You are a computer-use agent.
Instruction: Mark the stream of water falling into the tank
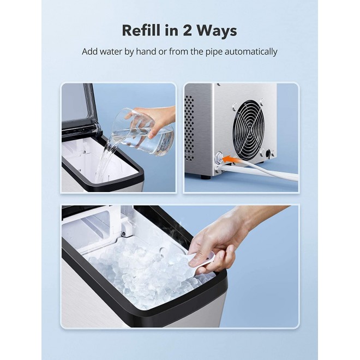click(104, 161)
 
